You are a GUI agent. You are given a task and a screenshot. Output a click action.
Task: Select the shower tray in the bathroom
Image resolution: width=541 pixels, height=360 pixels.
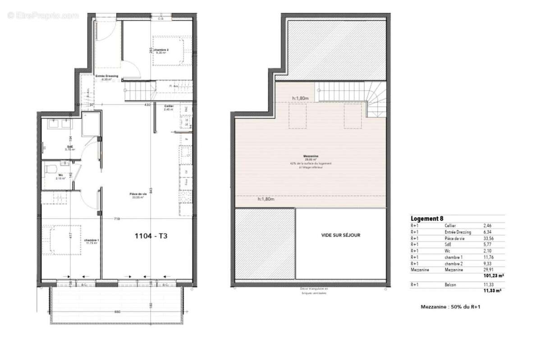(x=90, y=124)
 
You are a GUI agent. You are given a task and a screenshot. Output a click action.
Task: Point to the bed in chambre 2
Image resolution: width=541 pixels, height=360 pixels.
(x=169, y=51)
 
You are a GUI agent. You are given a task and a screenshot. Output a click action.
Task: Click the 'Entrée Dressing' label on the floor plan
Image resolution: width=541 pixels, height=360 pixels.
(x=106, y=76)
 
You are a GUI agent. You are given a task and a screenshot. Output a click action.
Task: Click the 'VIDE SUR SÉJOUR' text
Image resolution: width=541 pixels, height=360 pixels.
(x=341, y=235)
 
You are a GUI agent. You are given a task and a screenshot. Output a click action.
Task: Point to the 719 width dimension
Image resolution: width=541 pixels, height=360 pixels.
(x=116, y=219)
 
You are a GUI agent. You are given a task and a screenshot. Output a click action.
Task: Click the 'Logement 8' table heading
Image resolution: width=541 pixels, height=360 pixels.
(x=426, y=219)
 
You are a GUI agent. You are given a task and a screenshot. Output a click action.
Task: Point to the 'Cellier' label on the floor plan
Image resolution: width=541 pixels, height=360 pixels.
(x=169, y=106)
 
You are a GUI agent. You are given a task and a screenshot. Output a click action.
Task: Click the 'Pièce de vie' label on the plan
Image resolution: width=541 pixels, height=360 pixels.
(x=138, y=194)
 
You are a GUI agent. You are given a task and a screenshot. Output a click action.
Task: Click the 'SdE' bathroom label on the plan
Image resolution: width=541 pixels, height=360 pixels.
(x=70, y=147)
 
